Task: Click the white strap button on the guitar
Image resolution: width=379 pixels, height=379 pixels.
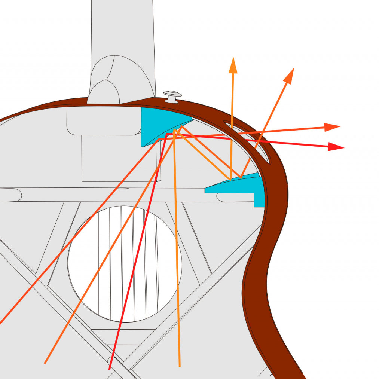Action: tap(172, 95)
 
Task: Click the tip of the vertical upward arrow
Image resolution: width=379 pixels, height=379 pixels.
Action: tap(233, 60)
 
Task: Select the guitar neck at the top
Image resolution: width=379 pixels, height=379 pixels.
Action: tap(122, 30)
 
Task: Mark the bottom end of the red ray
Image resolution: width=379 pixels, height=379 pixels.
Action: tap(109, 369)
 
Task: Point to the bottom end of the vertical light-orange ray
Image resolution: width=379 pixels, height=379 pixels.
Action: tap(180, 366)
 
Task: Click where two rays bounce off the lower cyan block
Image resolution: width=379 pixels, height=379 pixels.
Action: tap(236, 178)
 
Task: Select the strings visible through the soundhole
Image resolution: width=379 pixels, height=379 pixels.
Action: tap(127, 262)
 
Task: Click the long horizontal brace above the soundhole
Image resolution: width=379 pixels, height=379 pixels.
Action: tap(112, 195)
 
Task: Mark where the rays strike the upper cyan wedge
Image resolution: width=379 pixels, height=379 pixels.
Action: tap(174, 131)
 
